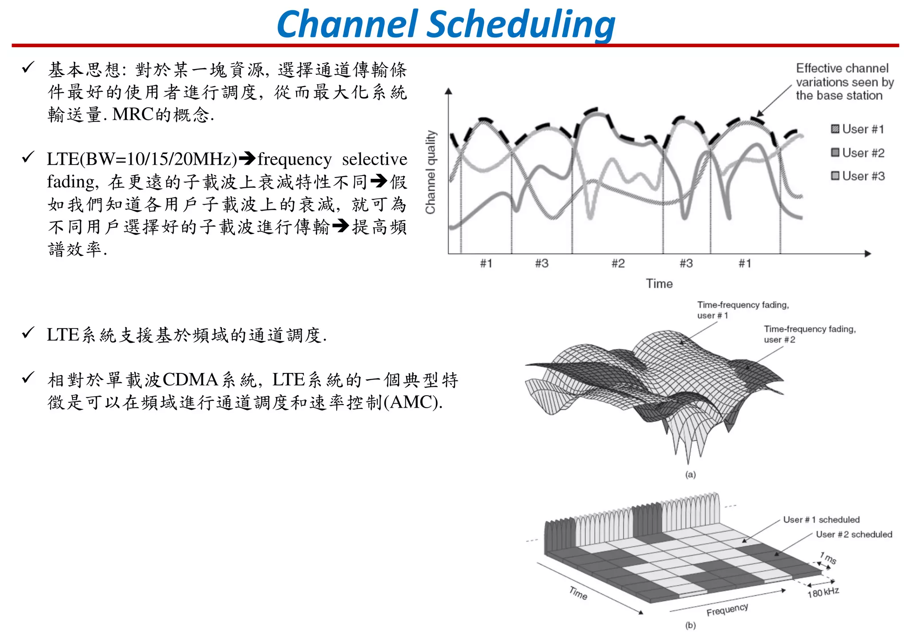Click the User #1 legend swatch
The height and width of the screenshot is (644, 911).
835,129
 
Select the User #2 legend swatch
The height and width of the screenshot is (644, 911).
835,153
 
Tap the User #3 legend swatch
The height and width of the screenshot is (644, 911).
835,176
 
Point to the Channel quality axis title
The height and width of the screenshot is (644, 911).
430,172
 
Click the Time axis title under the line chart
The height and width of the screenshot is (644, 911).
659,284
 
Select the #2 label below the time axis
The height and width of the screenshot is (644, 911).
618,263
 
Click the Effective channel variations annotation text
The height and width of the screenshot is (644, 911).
844,82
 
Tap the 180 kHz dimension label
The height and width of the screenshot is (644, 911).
823,593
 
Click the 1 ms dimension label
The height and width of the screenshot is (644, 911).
828,558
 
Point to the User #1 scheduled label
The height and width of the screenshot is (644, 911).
821,519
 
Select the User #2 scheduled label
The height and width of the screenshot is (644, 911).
854,534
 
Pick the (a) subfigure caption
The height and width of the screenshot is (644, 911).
690,474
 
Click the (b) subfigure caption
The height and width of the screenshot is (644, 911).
690,625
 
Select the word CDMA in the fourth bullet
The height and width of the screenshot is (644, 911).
190,380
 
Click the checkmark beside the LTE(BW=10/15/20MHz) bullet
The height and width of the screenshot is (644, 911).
28,157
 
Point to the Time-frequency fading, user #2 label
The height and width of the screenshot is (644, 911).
810,334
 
